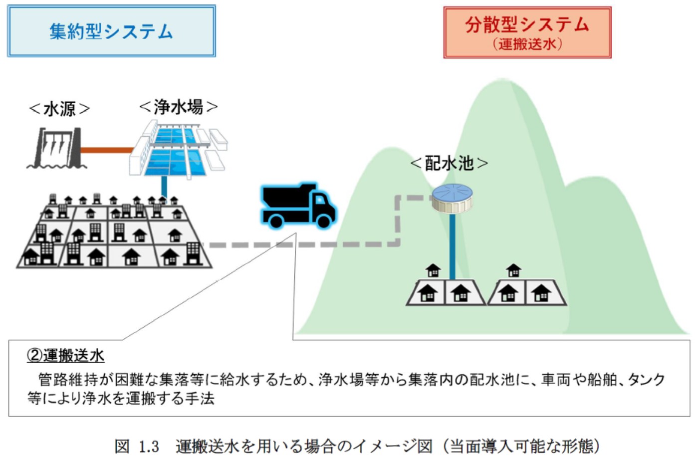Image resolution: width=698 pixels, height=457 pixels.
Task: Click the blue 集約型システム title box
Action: point(111,31)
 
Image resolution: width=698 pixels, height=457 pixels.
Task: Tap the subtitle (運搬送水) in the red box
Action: point(527,44)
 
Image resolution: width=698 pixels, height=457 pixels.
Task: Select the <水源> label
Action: point(59,108)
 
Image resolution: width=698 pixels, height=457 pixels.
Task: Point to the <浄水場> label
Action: point(178,107)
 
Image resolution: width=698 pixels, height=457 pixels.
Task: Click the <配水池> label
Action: point(449,163)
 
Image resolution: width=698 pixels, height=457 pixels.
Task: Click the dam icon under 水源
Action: point(54,148)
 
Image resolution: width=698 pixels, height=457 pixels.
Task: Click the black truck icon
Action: point(297,206)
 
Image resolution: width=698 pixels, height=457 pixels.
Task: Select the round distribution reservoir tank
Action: point(452,198)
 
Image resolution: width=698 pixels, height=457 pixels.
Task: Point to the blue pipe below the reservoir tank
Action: point(452,244)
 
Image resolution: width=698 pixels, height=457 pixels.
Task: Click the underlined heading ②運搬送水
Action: point(65,355)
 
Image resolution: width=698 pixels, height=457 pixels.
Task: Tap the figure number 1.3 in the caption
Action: point(149,446)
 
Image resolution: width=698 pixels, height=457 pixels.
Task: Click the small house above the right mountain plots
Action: point(513,270)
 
